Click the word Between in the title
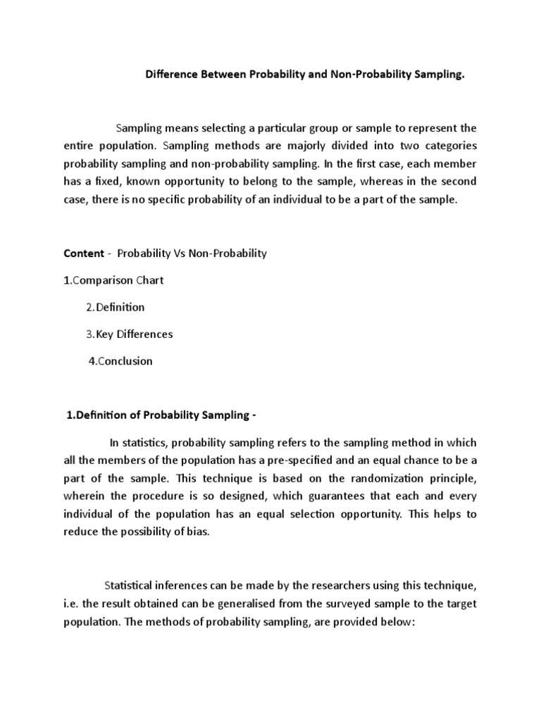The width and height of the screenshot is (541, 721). (x=219, y=75)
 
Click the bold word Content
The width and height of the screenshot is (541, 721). (x=83, y=253)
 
